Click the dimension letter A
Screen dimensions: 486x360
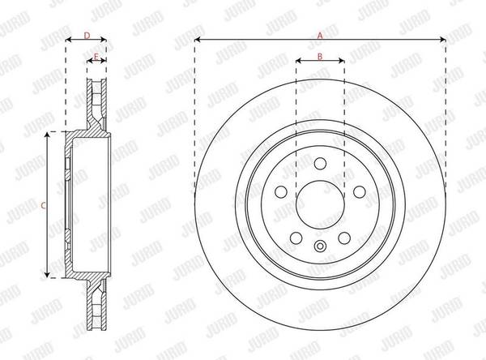tap(320, 36)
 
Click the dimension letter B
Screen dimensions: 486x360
tap(320, 56)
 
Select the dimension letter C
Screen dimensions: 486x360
tap(44, 205)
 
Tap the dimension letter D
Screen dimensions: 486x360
tap(87, 36)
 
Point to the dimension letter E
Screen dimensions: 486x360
tap(96, 57)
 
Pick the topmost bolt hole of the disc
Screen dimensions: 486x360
tap(320, 164)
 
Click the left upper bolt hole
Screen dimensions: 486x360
tap(281, 192)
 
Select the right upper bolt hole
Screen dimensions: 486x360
tap(360, 192)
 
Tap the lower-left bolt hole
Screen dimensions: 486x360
tap(296, 238)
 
